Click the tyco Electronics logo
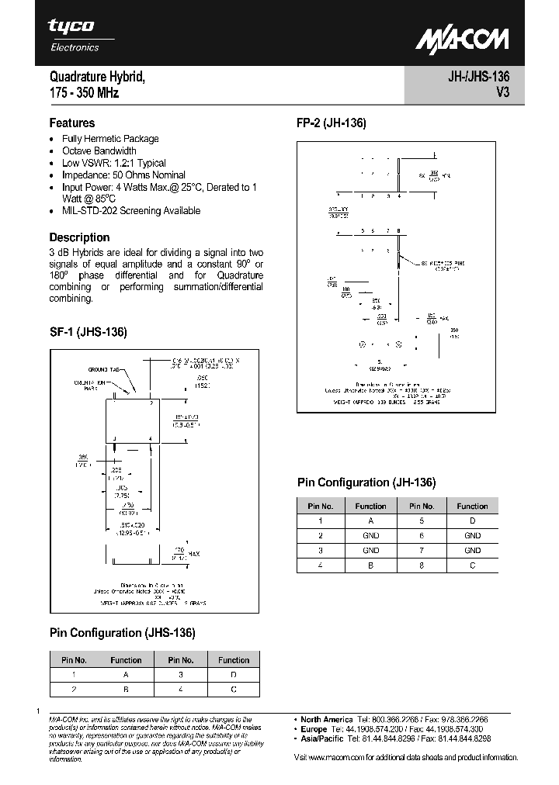click(74, 34)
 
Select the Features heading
click(72, 123)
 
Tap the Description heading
click(79, 237)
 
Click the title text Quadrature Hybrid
click(97, 78)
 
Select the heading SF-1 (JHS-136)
click(88, 332)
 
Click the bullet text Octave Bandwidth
click(99, 150)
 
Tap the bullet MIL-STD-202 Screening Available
click(131, 210)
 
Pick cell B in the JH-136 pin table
click(370, 565)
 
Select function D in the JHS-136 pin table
click(234, 675)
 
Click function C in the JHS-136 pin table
click(234, 689)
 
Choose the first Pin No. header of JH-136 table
click(320, 506)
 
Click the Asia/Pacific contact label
click(321, 740)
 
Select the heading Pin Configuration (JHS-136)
click(123, 632)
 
